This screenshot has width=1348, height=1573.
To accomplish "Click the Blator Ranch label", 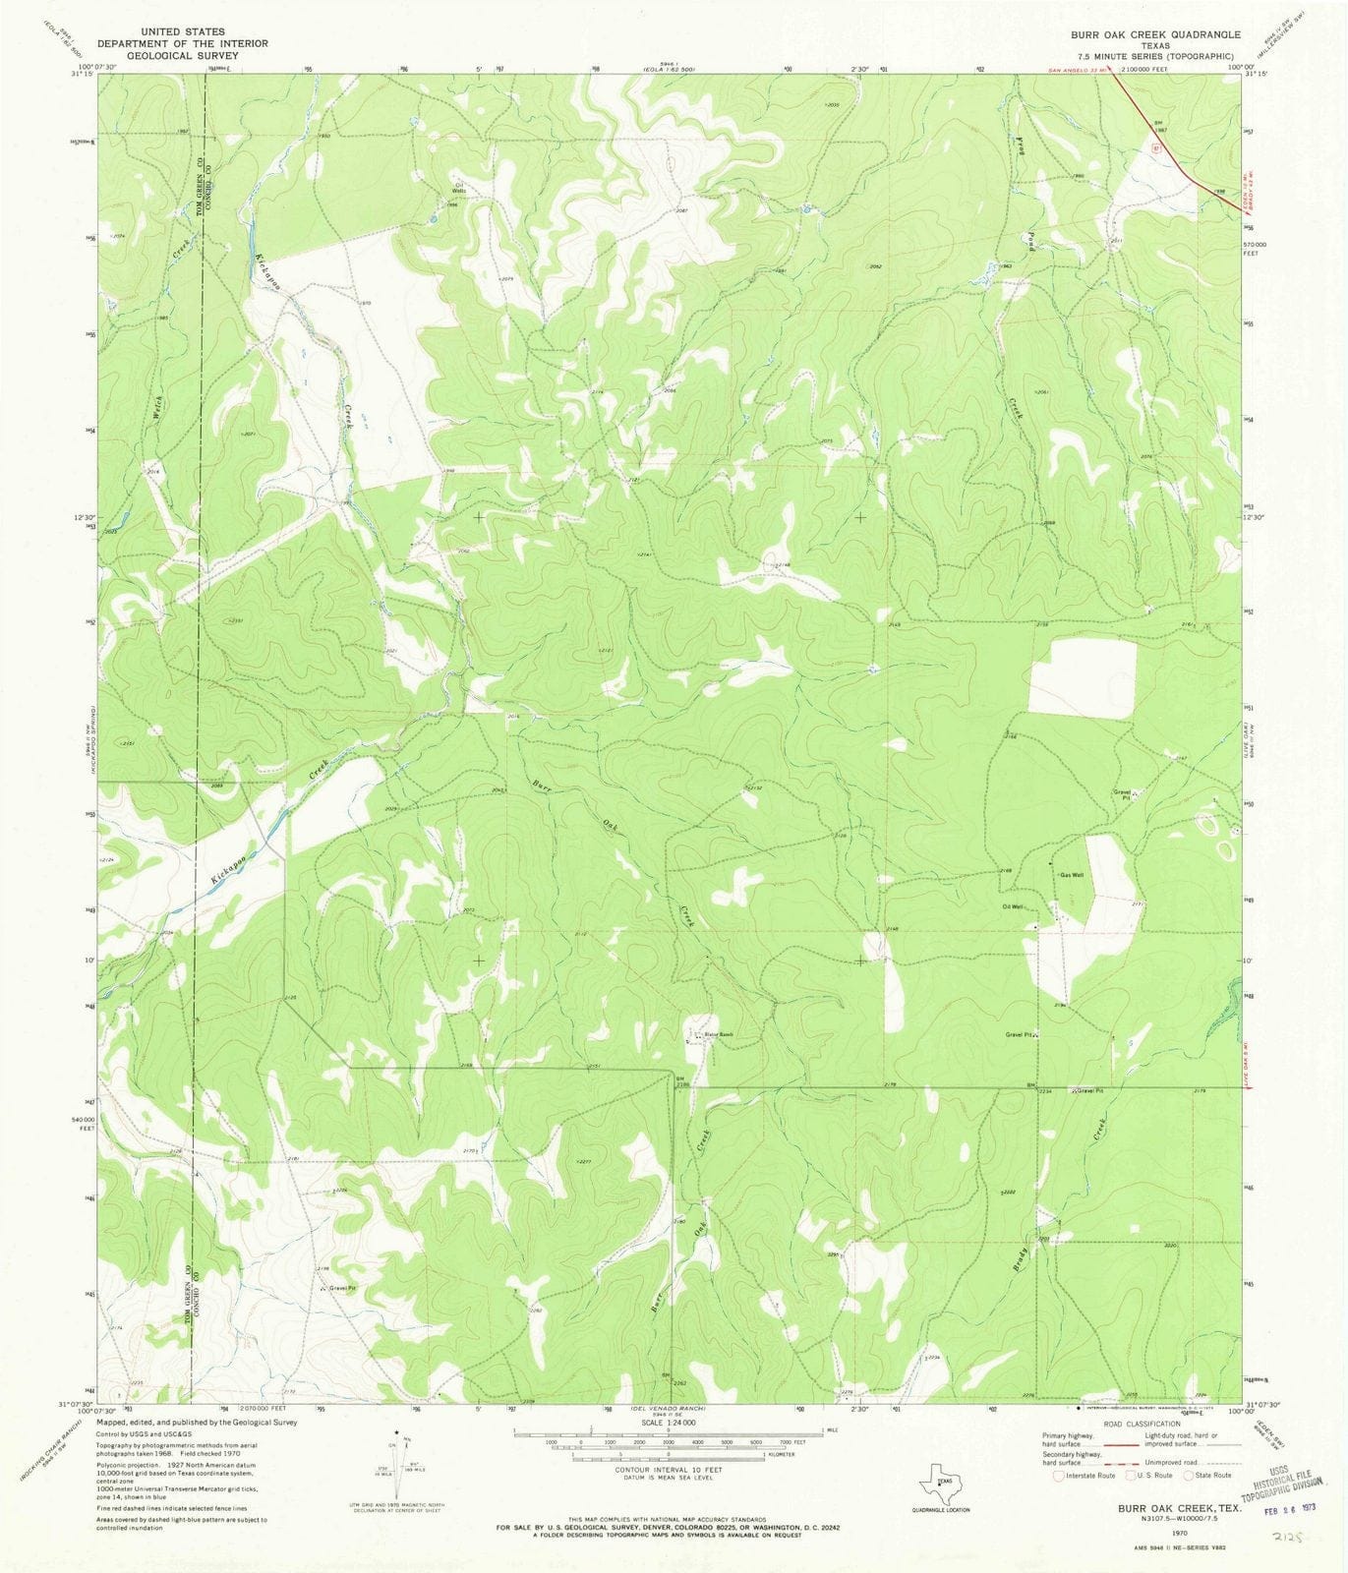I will (x=719, y=1035).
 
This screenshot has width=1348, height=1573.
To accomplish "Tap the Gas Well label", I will (x=1071, y=875).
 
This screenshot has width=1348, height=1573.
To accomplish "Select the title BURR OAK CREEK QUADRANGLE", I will (x=1156, y=33).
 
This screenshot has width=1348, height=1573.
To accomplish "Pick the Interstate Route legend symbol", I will (x=1058, y=1475).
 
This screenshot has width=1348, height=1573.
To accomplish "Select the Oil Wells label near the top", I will (x=456, y=189).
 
